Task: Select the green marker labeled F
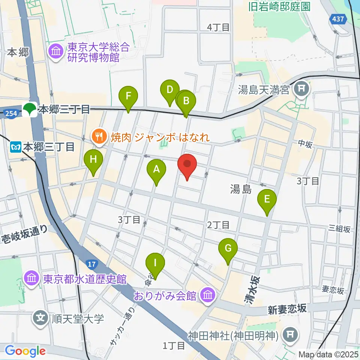(x=128, y=96)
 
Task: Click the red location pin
(x=187, y=164)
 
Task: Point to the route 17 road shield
(x=91, y=265)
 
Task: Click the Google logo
(x=25, y=351)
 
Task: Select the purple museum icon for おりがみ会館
(x=207, y=295)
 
